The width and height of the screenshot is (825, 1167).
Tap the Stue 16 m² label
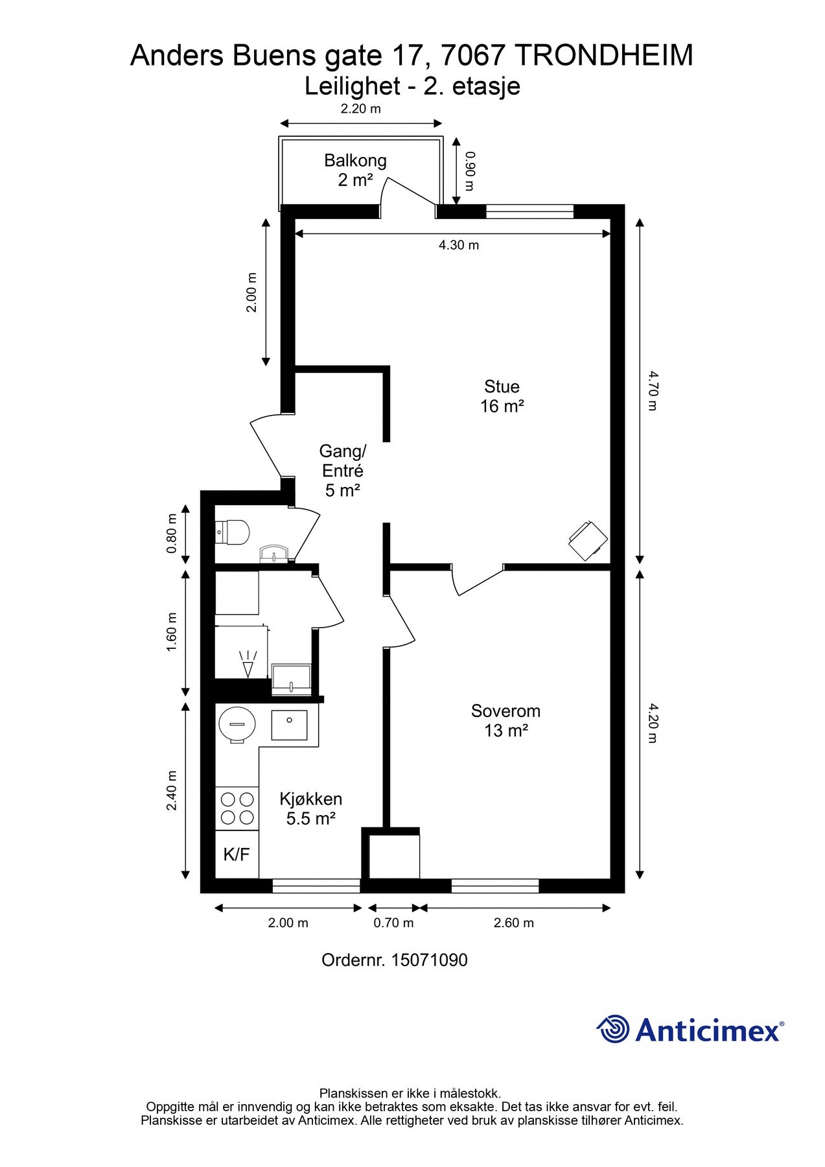coord(502,396)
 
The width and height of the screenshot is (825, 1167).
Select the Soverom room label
coord(505,720)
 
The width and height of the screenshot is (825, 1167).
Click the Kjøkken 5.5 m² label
coord(310,808)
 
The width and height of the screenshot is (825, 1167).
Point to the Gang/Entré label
coord(343,470)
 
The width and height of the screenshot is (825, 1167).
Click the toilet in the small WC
coord(233,532)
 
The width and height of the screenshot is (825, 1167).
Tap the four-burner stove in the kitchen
coord(237,808)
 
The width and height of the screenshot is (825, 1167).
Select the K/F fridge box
coord(237,855)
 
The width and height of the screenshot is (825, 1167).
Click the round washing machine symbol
coord(237,724)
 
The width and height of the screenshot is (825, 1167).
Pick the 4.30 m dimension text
coord(459,245)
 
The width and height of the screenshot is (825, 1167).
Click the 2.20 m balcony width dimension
coord(361,108)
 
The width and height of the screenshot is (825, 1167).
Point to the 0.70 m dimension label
coord(393,923)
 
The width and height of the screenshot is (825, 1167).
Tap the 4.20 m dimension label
coord(652,722)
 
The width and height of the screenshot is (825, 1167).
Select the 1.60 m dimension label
coord(172,632)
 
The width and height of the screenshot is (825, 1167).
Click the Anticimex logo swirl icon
coord(613,1029)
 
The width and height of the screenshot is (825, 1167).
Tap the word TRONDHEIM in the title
coord(605,56)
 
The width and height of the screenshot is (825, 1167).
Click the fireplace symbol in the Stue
coord(588,540)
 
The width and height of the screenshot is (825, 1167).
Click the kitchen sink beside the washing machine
coord(289,725)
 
